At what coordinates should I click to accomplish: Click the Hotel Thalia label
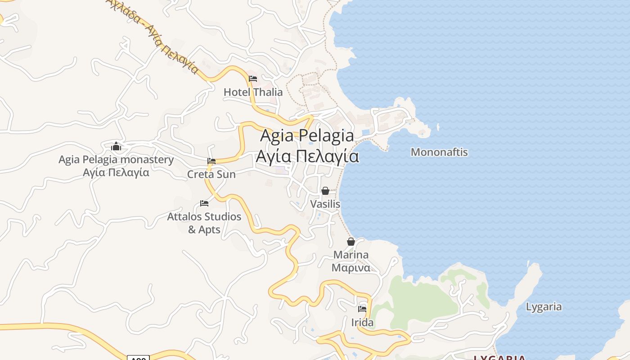click(253, 92)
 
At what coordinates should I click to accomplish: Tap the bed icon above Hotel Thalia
click(253, 79)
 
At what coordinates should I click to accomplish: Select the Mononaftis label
click(439, 152)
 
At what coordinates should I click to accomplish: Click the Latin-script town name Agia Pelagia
click(307, 135)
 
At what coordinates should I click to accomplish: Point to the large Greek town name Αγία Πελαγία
click(307, 156)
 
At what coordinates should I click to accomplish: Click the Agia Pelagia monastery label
click(116, 160)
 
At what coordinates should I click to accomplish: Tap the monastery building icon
click(116, 146)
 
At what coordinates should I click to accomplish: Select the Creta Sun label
click(211, 174)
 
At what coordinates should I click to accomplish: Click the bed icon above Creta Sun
click(211, 161)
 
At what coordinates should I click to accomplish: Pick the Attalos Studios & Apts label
click(204, 223)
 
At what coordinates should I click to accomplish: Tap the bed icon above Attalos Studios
click(204, 203)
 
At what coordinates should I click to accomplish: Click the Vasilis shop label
click(325, 204)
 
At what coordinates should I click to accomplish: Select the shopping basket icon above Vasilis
click(325, 191)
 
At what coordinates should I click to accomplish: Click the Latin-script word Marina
click(351, 255)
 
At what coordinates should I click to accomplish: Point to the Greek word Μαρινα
click(351, 268)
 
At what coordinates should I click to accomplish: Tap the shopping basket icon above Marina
click(351, 242)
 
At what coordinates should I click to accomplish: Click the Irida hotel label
click(362, 323)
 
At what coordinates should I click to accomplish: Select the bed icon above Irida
click(362, 309)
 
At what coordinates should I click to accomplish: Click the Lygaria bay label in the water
click(544, 307)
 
